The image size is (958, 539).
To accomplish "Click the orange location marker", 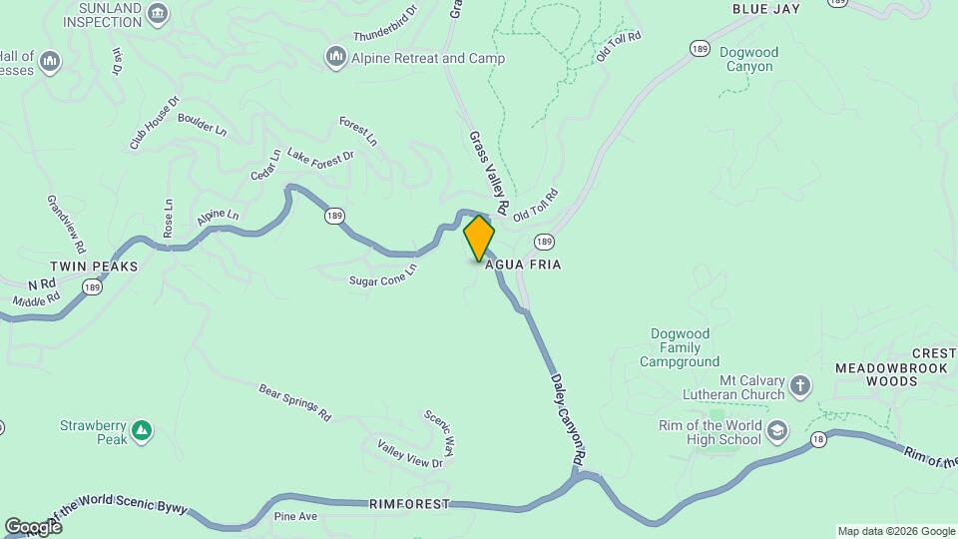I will click(x=479, y=239).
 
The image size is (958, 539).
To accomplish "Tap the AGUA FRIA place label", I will click(x=523, y=266).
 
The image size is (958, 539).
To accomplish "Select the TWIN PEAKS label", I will click(x=93, y=268).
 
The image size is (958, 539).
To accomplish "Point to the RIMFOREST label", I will click(x=408, y=504).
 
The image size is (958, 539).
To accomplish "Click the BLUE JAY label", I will click(x=766, y=9).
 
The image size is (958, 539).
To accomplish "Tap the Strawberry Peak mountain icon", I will click(x=142, y=430).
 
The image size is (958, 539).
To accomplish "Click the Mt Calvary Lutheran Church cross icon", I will click(x=799, y=385).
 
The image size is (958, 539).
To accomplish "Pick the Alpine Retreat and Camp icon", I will click(x=335, y=58).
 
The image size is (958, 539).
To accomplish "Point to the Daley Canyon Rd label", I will click(x=565, y=417).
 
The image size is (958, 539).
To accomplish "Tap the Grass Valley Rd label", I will click(x=490, y=173).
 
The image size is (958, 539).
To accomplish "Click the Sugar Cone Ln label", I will click(x=382, y=274).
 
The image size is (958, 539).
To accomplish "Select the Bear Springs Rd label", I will click(x=294, y=401).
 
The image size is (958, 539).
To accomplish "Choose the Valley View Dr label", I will click(x=409, y=454).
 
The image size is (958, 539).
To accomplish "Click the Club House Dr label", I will click(x=154, y=124).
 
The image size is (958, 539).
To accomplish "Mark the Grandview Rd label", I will click(x=66, y=223).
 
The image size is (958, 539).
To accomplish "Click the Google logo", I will click(x=33, y=526).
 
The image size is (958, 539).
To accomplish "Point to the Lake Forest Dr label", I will click(x=320, y=156).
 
